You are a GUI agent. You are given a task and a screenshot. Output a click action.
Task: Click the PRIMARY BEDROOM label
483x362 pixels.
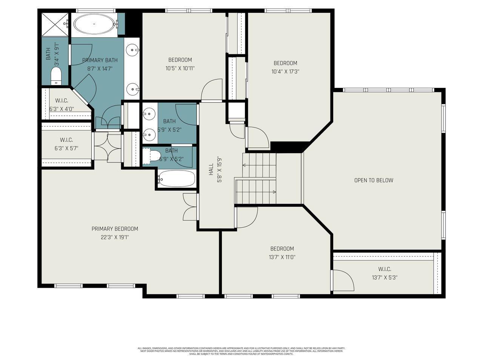(115, 229)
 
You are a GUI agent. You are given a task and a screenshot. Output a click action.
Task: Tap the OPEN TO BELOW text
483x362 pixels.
(374, 180)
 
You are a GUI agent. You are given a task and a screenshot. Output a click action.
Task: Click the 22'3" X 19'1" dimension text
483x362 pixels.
(115, 238)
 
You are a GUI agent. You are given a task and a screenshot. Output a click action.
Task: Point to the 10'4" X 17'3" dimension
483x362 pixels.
(285, 72)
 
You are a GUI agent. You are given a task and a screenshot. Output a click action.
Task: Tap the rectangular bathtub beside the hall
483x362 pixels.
(177, 179)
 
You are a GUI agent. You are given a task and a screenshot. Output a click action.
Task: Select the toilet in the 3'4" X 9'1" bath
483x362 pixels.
(56, 76)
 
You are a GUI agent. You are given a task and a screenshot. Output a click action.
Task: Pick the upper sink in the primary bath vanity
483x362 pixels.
(132, 49)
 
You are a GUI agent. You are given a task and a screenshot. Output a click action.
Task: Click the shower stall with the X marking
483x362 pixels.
(54, 24)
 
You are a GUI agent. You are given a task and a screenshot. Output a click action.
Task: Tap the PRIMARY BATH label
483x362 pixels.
(100, 60)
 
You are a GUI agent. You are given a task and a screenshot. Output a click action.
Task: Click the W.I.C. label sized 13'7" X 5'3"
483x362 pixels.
(385, 269)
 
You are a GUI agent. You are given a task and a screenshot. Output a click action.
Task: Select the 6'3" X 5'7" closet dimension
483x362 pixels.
(66, 148)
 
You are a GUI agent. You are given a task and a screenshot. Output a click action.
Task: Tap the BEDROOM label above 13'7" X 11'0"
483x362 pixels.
(282, 248)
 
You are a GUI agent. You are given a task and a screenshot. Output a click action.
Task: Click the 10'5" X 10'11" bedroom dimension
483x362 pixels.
(180, 69)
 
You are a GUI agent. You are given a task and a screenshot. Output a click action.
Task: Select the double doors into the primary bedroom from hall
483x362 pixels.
(189, 207)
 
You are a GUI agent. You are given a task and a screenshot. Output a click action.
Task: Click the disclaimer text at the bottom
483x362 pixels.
(241, 351)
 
